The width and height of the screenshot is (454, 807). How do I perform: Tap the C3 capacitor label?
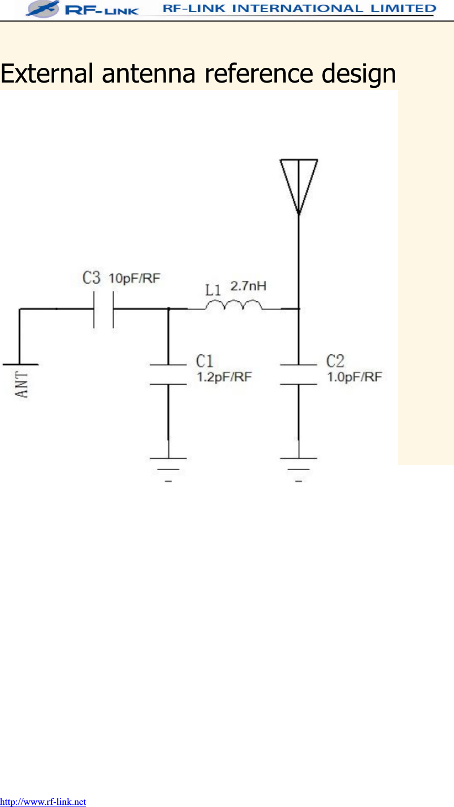click(91, 278)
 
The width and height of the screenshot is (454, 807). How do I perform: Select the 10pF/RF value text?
click(134, 278)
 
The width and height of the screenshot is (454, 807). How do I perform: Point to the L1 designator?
click(213, 290)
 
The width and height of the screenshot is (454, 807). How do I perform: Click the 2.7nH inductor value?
click(248, 286)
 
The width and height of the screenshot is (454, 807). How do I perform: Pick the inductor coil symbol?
click(233, 305)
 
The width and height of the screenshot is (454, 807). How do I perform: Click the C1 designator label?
click(204, 361)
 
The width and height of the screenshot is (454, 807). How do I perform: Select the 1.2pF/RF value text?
click(224, 377)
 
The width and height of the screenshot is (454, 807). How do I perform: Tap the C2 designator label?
click(335, 361)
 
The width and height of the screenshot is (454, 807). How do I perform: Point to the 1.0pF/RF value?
click(354, 377)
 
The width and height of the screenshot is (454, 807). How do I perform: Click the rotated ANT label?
click(23, 384)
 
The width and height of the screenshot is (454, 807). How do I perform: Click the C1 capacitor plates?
click(168, 374)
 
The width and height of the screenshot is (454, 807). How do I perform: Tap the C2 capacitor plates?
click(298, 374)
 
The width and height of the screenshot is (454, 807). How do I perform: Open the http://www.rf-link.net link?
click(43, 802)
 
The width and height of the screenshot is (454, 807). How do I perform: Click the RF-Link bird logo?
click(43, 8)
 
